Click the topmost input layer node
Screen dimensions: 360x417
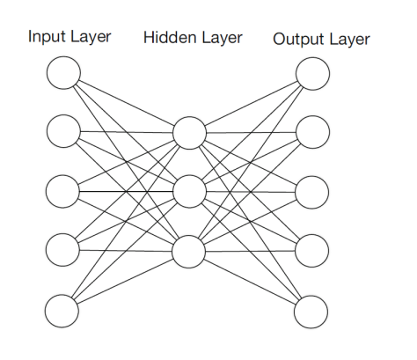point(63,73)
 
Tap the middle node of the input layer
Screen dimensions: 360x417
point(63,191)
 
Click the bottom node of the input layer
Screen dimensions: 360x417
point(63,310)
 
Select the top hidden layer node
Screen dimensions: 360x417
point(189,133)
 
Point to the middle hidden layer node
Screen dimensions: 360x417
point(189,191)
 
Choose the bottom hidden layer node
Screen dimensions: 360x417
point(189,251)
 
